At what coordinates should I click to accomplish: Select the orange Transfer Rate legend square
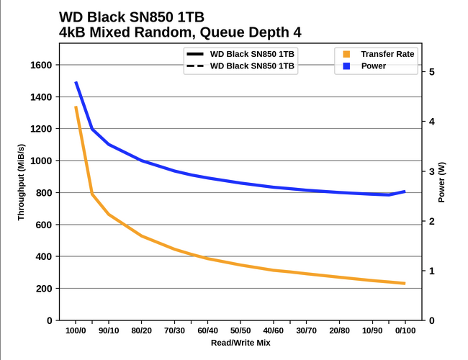tap(346, 54)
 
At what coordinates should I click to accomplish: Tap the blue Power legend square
tap(346, 66)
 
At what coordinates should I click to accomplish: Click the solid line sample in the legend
tap(194, 54)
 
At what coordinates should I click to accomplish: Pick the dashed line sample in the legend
tap(194, 66)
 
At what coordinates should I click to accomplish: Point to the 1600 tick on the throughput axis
tap(40, 66)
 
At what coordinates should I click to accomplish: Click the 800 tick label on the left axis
tap(43, 193)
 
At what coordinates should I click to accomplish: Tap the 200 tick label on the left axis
tap(43, 289)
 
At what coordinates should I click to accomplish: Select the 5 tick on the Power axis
tap(431, 72)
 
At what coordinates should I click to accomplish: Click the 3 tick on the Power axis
tap(431, 171)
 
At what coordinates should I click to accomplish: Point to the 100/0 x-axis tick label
tap(76, 331)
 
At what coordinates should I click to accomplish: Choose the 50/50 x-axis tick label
tap(240, 331)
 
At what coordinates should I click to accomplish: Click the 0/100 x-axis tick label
tap(405, 331)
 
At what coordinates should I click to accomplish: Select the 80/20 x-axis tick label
tap(142, 331)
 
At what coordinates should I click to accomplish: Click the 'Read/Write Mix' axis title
tap(240, 343)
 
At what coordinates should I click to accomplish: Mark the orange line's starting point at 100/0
tap(76, 107)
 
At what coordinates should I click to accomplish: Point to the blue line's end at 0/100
tap(405, 192)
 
